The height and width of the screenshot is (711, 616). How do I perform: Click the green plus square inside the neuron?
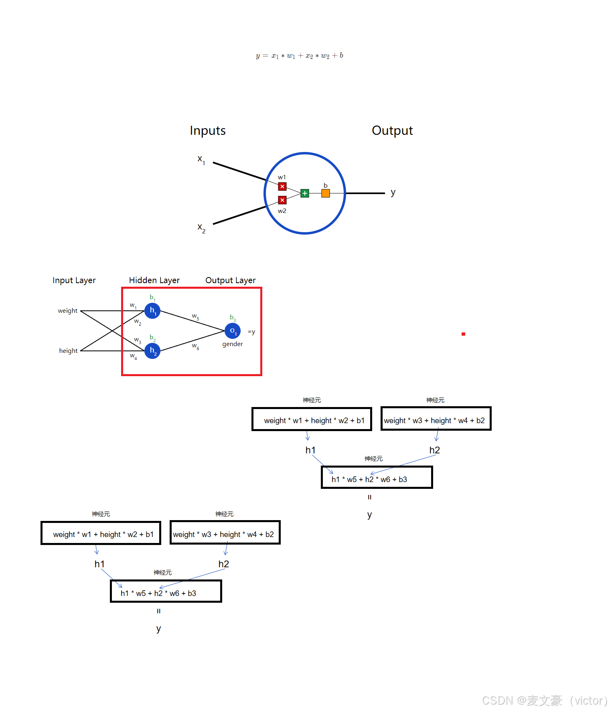pos(305,193)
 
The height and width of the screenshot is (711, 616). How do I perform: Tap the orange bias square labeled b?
pos(326,193)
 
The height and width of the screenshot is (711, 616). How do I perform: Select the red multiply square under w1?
pos(282,186)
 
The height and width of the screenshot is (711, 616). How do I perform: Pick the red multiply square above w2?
pos(282,200)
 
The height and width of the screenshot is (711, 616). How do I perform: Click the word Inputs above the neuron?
pos(208,131)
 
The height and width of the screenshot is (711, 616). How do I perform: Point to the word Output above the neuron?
pos(392,131)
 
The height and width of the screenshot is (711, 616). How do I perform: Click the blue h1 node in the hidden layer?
pos(152,311)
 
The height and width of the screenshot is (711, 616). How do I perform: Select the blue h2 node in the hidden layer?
pos(152,351)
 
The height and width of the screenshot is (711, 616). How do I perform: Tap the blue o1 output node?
pos(233,331)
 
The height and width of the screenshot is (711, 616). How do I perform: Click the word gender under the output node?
pos(233,344)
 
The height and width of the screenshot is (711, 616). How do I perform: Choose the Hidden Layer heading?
pos(154,280)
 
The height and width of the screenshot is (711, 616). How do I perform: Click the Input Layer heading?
pos(74,280)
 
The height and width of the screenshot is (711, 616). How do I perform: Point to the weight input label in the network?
pos(67,311)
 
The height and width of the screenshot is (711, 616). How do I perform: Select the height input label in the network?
pos(68,351)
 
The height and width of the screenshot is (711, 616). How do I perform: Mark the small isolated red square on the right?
pos(463,334)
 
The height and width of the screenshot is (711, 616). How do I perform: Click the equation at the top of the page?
pos(300,56)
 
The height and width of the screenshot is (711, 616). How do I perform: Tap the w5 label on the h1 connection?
pos(195,317)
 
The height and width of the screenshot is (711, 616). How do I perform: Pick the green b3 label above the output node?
pos(233,318)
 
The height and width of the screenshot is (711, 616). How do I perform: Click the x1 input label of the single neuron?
pos(201,159)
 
